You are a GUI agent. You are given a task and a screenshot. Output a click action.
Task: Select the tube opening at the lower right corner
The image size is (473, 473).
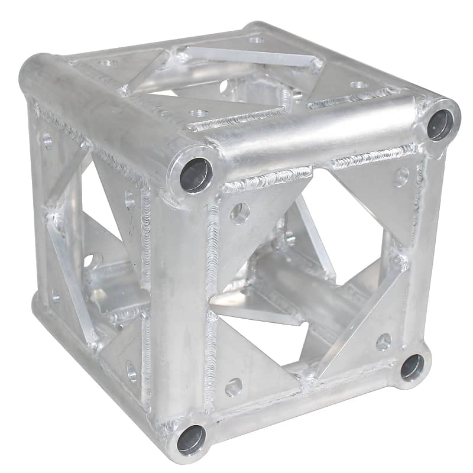click(x=412, y=367)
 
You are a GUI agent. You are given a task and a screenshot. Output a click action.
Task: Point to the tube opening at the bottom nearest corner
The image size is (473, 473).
click(x=191, y=440)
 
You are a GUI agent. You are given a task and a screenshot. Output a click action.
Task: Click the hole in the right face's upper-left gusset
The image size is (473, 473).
click(x=239, y=213)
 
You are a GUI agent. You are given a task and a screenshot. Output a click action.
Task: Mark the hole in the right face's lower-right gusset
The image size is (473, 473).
click(x=383, y=341)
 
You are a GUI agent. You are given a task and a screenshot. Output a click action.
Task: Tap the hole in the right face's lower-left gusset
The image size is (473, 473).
click(x=234, y=387)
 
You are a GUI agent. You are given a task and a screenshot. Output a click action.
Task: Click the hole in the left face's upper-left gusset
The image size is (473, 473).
click(x=47, y=141)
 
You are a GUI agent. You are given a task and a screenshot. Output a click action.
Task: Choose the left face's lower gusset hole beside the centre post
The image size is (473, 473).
click(x=131, y=371)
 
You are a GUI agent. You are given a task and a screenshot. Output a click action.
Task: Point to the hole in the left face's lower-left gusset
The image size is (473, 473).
click(x=54, y=294)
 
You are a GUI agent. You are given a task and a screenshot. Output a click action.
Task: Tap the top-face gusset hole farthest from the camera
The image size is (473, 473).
click(x=256, y=40)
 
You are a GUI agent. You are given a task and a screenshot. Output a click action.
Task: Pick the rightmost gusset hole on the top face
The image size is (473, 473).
click(x=358, y=85)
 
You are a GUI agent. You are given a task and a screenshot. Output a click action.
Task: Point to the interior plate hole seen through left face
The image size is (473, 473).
click(x=90, y=260)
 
